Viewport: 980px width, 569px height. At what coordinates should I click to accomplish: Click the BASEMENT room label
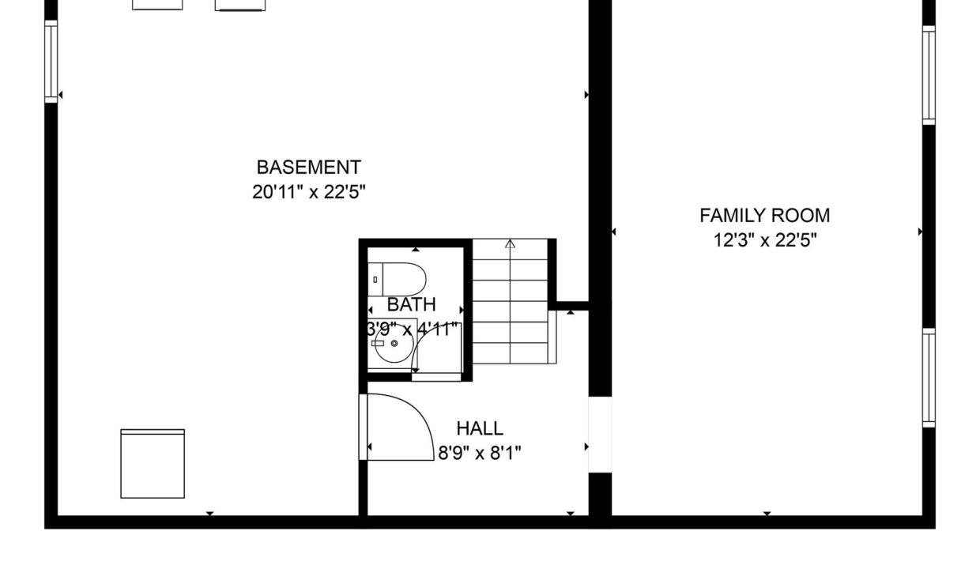pos(308,168)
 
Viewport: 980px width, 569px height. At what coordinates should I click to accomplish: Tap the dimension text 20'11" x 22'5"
pos(308,192)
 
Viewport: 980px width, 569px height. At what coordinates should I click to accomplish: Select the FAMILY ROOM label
pos(765,216)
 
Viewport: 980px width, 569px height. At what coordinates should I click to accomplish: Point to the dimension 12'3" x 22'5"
pos(765,240)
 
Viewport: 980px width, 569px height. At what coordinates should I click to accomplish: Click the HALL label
pos(480,428)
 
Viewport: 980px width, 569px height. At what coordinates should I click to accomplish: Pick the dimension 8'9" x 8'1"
pos(480,453)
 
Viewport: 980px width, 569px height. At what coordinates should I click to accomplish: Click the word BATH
pos(411,304)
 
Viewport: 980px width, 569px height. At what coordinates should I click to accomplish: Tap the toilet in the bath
pos(397,280)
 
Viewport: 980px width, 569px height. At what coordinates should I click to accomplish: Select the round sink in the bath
pos(394,343)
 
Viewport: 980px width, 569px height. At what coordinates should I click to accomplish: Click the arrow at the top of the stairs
pos(510,243)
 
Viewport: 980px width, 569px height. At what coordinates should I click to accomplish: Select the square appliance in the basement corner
pos(153,464)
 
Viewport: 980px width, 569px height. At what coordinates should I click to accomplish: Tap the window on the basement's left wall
pos(51,62)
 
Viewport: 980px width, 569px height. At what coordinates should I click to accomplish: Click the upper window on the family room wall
pos(929,75)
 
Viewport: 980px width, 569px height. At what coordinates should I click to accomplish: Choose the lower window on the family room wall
pos(929,378)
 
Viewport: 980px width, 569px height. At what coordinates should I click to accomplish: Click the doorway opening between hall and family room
pos(600,435)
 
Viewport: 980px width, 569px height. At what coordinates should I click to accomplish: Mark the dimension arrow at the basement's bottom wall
pos(210,514)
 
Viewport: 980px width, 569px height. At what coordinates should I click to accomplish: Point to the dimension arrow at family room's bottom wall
pos(767,514)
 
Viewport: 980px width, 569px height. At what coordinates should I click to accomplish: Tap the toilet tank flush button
pos(375,279)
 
